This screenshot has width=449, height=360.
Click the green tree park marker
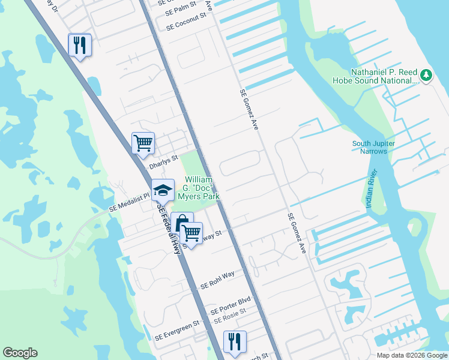426,75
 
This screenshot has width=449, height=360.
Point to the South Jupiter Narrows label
378,147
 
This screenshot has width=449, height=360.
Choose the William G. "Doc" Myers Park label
202,188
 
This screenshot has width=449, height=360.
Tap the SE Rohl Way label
217,279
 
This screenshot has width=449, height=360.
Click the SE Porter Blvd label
230,306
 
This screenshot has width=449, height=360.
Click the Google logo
20,353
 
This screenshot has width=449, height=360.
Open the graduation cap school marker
162,190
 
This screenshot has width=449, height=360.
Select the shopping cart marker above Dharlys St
143,143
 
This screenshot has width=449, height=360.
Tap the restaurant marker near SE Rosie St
234,341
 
